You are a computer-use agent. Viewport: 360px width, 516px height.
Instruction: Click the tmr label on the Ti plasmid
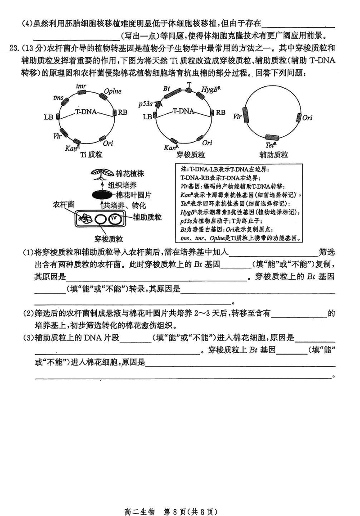pos(81,85)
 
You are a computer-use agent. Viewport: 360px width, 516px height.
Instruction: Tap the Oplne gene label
pos(112,91)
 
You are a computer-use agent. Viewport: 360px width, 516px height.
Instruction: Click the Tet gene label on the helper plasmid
pos(270,145)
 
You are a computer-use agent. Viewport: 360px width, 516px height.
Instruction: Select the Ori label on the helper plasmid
pos(307,118)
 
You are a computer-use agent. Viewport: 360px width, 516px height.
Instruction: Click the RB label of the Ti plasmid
pos(123,112)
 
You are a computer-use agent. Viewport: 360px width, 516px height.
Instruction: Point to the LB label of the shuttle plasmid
pos(147,117)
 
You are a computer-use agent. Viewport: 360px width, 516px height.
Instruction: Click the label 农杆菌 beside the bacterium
pos(64,203)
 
